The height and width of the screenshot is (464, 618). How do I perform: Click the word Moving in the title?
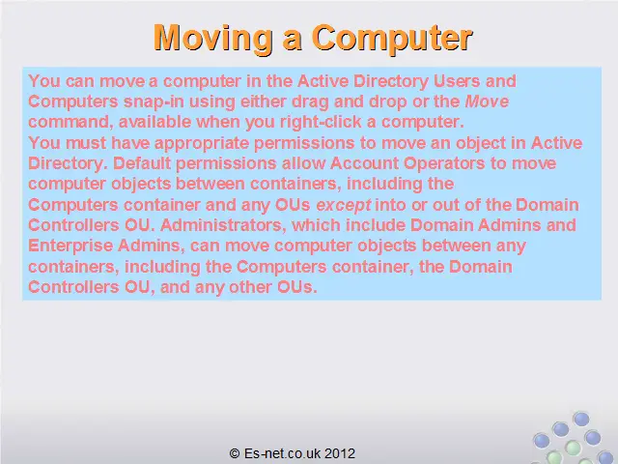point(213,39)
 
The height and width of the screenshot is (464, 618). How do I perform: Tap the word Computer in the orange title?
point(393,39)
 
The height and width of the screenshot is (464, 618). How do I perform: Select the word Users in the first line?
point(457,81)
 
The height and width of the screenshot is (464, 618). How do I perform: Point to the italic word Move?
point(487,101)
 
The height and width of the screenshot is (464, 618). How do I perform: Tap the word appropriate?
point(202,143)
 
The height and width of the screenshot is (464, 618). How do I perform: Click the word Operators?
point(444,163)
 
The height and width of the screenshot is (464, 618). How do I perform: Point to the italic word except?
point(344,205)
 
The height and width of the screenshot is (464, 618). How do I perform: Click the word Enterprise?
point(70,246)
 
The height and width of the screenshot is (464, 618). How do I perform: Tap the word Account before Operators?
point(364,163)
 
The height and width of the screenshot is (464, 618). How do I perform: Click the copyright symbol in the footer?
point(235,453)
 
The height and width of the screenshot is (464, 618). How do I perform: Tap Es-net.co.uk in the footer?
point(282,453)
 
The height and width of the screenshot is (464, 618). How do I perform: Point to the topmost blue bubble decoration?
point(581,419)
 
